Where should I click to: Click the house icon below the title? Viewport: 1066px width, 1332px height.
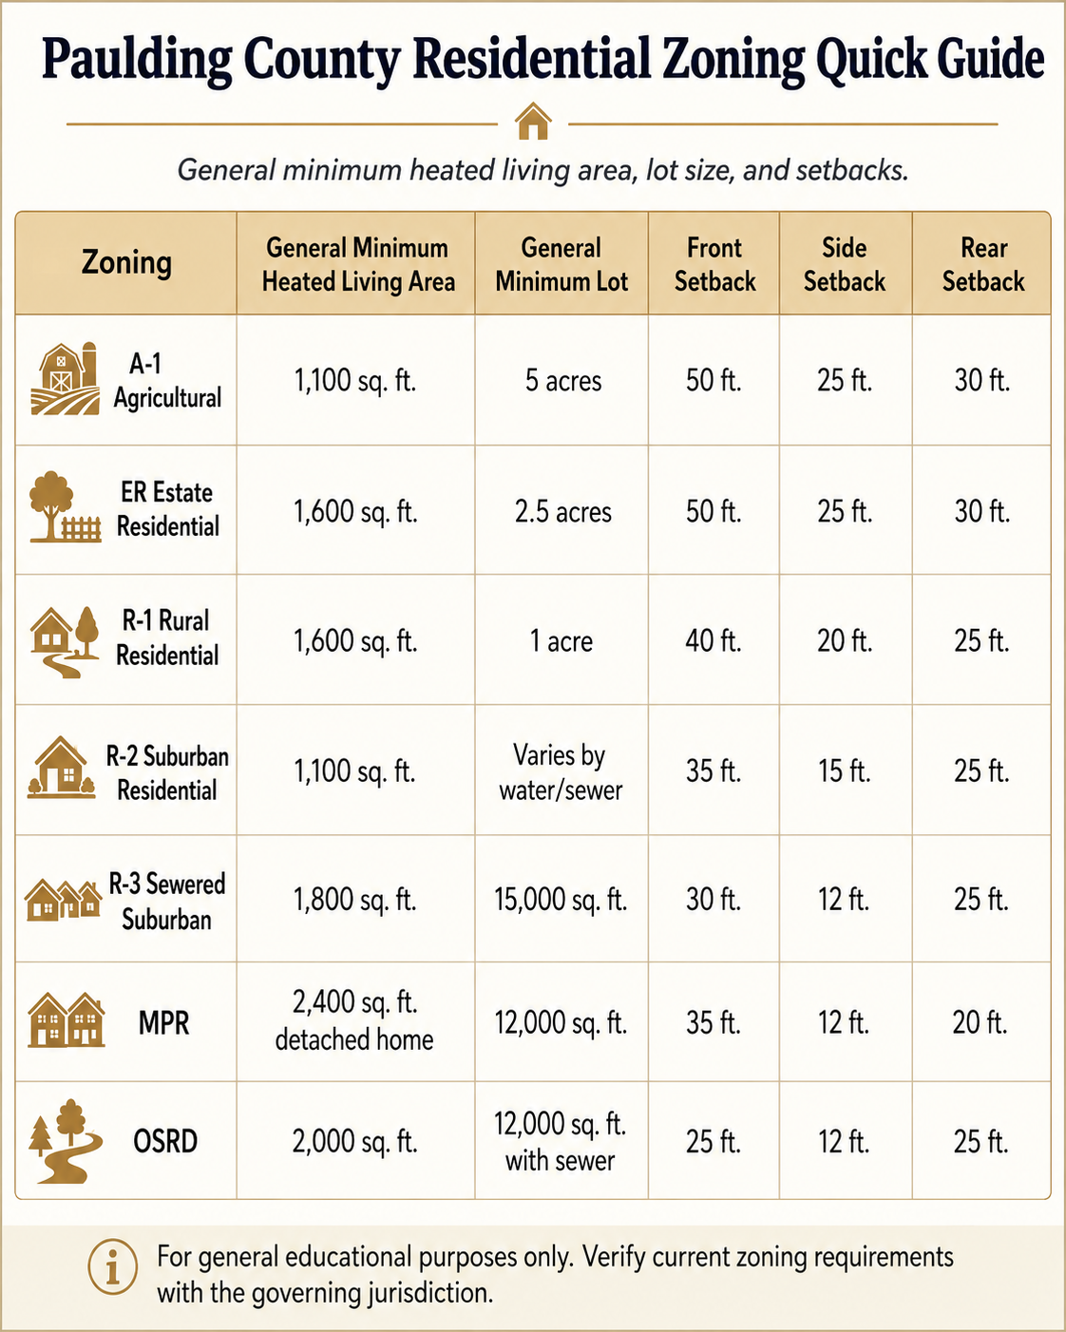click(533, 122)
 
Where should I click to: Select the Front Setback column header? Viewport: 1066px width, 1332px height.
click(714, 264)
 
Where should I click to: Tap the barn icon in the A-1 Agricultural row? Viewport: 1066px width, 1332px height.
click(65, 378)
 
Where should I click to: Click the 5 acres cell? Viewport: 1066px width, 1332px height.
click(562, 380)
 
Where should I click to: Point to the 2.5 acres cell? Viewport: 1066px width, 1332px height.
click(562, 512)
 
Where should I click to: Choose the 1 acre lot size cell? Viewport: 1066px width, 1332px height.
click(561, 640)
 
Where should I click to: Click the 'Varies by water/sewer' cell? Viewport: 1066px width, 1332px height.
click(561, 772)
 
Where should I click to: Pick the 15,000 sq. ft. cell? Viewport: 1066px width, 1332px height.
click(561, 900)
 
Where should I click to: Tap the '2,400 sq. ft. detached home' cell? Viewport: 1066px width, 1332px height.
click(354, 1020)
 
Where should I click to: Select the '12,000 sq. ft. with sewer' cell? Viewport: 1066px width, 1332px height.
click(561, 1142)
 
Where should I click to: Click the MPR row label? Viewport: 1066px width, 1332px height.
click(164, 1022)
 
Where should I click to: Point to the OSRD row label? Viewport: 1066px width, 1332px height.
click(165, 1141)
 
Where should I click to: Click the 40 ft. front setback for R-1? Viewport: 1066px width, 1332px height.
click(714, 640)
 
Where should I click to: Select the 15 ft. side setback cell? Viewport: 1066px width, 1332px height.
click(845, 771)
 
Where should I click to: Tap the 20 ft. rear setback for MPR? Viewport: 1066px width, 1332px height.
click(980, 1022)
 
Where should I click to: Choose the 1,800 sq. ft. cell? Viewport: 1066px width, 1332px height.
click(355, 900)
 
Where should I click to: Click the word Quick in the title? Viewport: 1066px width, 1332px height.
click(871, 61)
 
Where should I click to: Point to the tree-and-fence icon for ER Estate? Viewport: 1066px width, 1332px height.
click(65, 507)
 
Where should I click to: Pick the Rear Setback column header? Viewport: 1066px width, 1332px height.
click(983, 264)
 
